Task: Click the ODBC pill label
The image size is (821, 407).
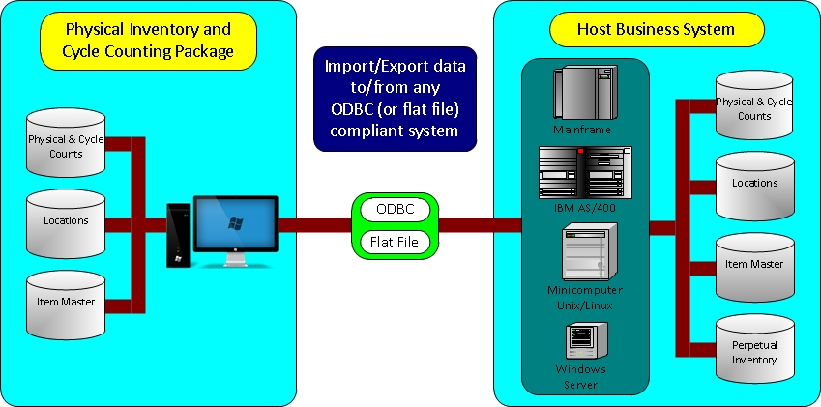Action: tap(395, 209)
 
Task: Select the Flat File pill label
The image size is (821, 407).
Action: tap(395, 241)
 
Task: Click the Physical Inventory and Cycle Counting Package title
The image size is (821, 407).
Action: tap(149, 42)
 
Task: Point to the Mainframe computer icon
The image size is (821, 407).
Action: tap(578, 94)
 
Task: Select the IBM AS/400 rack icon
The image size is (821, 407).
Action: tap(585, 172)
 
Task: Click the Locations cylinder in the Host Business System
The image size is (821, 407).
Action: tap(754, 184)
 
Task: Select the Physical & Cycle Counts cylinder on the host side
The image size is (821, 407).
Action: tap(754, 105)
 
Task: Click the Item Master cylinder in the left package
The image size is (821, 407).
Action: tap(66, 307)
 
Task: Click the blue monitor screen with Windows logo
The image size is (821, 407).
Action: tap(235, 222)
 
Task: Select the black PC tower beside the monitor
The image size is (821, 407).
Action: tap(177, 235)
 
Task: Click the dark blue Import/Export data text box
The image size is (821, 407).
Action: tap(396, 99)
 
